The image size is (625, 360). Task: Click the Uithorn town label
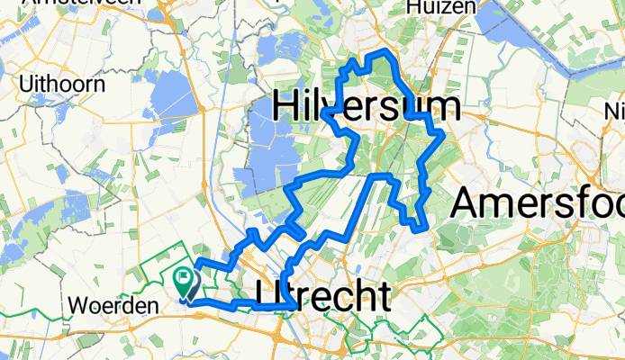point(60,84)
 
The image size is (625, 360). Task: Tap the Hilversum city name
point(366,106)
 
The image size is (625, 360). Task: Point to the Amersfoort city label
point(537,202)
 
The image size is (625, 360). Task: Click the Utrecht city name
point(324,295)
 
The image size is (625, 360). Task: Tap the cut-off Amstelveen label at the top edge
point(72,4)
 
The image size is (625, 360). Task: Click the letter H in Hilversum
point(282,106)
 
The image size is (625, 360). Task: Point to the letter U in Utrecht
point(268,295)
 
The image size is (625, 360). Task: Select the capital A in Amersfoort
point(466,202)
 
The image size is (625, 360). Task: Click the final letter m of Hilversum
point(443,106)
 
